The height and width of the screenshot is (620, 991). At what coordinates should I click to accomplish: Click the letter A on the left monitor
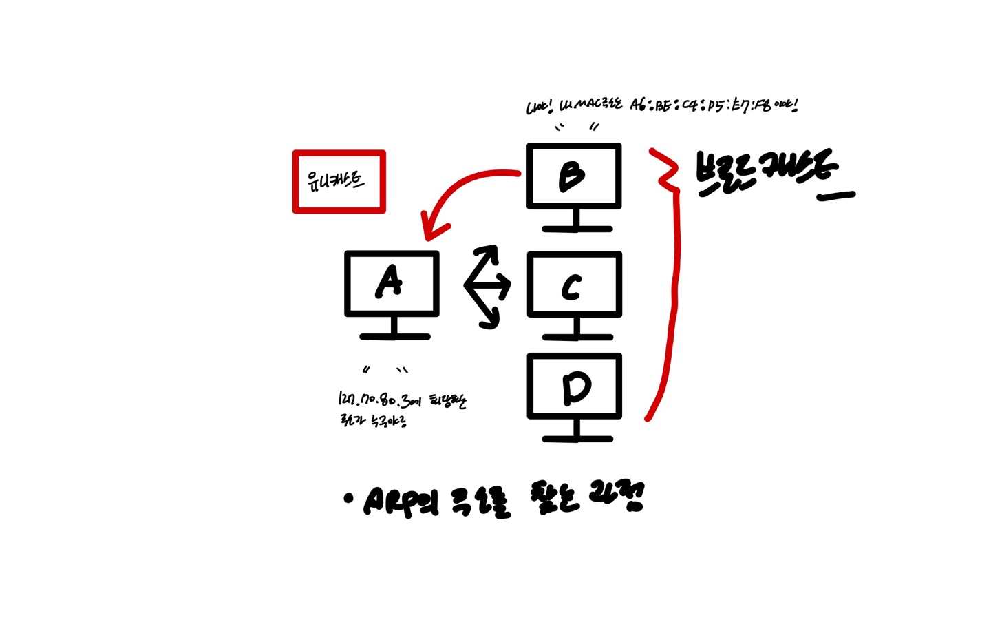tap(390, 282)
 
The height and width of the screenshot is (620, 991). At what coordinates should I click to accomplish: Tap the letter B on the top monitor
tap(572, 176)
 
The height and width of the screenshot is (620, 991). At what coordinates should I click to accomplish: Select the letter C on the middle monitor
tap(571, 288)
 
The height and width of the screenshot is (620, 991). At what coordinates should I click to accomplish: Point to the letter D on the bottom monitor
tap(576, 389)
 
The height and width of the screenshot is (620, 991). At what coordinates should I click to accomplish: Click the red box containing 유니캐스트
tap(339, 182)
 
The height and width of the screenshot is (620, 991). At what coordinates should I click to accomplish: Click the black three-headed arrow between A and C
tap(487, 285)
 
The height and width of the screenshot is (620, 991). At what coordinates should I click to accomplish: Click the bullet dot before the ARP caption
tap(348, 498)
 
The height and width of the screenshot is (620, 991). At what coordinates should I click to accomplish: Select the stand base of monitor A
tap(394, 336)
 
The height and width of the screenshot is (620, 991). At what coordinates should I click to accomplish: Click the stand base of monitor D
tap(577, 438)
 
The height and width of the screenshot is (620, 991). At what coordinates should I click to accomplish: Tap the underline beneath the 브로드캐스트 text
tap(835, 196)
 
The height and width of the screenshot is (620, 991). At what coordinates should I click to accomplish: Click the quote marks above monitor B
tap(577, 127)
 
